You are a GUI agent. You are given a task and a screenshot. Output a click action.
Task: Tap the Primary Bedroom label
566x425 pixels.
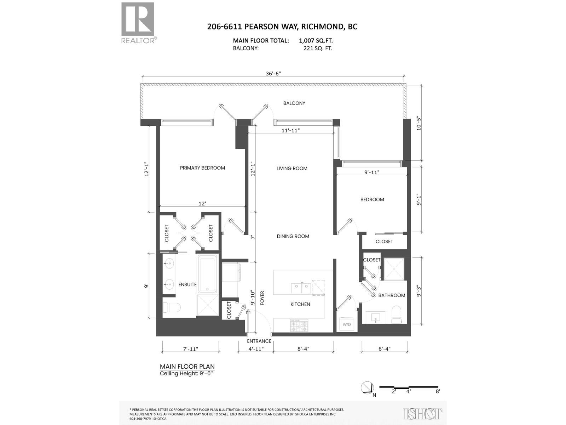[x=202, y=168]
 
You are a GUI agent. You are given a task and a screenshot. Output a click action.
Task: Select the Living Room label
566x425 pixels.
[x=292, y=168]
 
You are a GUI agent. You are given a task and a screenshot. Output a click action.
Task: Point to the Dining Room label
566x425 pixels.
[x=293, y=236]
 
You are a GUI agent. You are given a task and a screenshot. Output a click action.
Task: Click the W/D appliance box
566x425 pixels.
[x=346, y=324]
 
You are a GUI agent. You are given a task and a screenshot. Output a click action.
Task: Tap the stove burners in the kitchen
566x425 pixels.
[x=299, y=325]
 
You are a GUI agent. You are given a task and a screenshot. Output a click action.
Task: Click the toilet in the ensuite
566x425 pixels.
[x=172, y=308]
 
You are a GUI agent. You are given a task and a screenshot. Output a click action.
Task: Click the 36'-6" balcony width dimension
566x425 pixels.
[x=273, y=74]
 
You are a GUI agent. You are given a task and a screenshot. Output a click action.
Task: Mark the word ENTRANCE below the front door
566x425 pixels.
[x=259, y=341]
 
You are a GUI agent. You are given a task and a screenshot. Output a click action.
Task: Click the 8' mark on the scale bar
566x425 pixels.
[x=438, y=391]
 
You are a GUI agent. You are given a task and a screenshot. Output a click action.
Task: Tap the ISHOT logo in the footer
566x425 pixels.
[x=423, y=414]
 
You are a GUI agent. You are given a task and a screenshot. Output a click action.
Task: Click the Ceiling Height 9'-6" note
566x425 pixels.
[x=187, y=374]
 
